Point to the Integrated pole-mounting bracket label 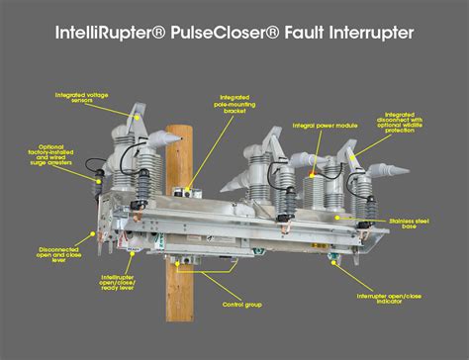click(235, 103)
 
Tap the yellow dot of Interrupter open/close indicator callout click(338, 264)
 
